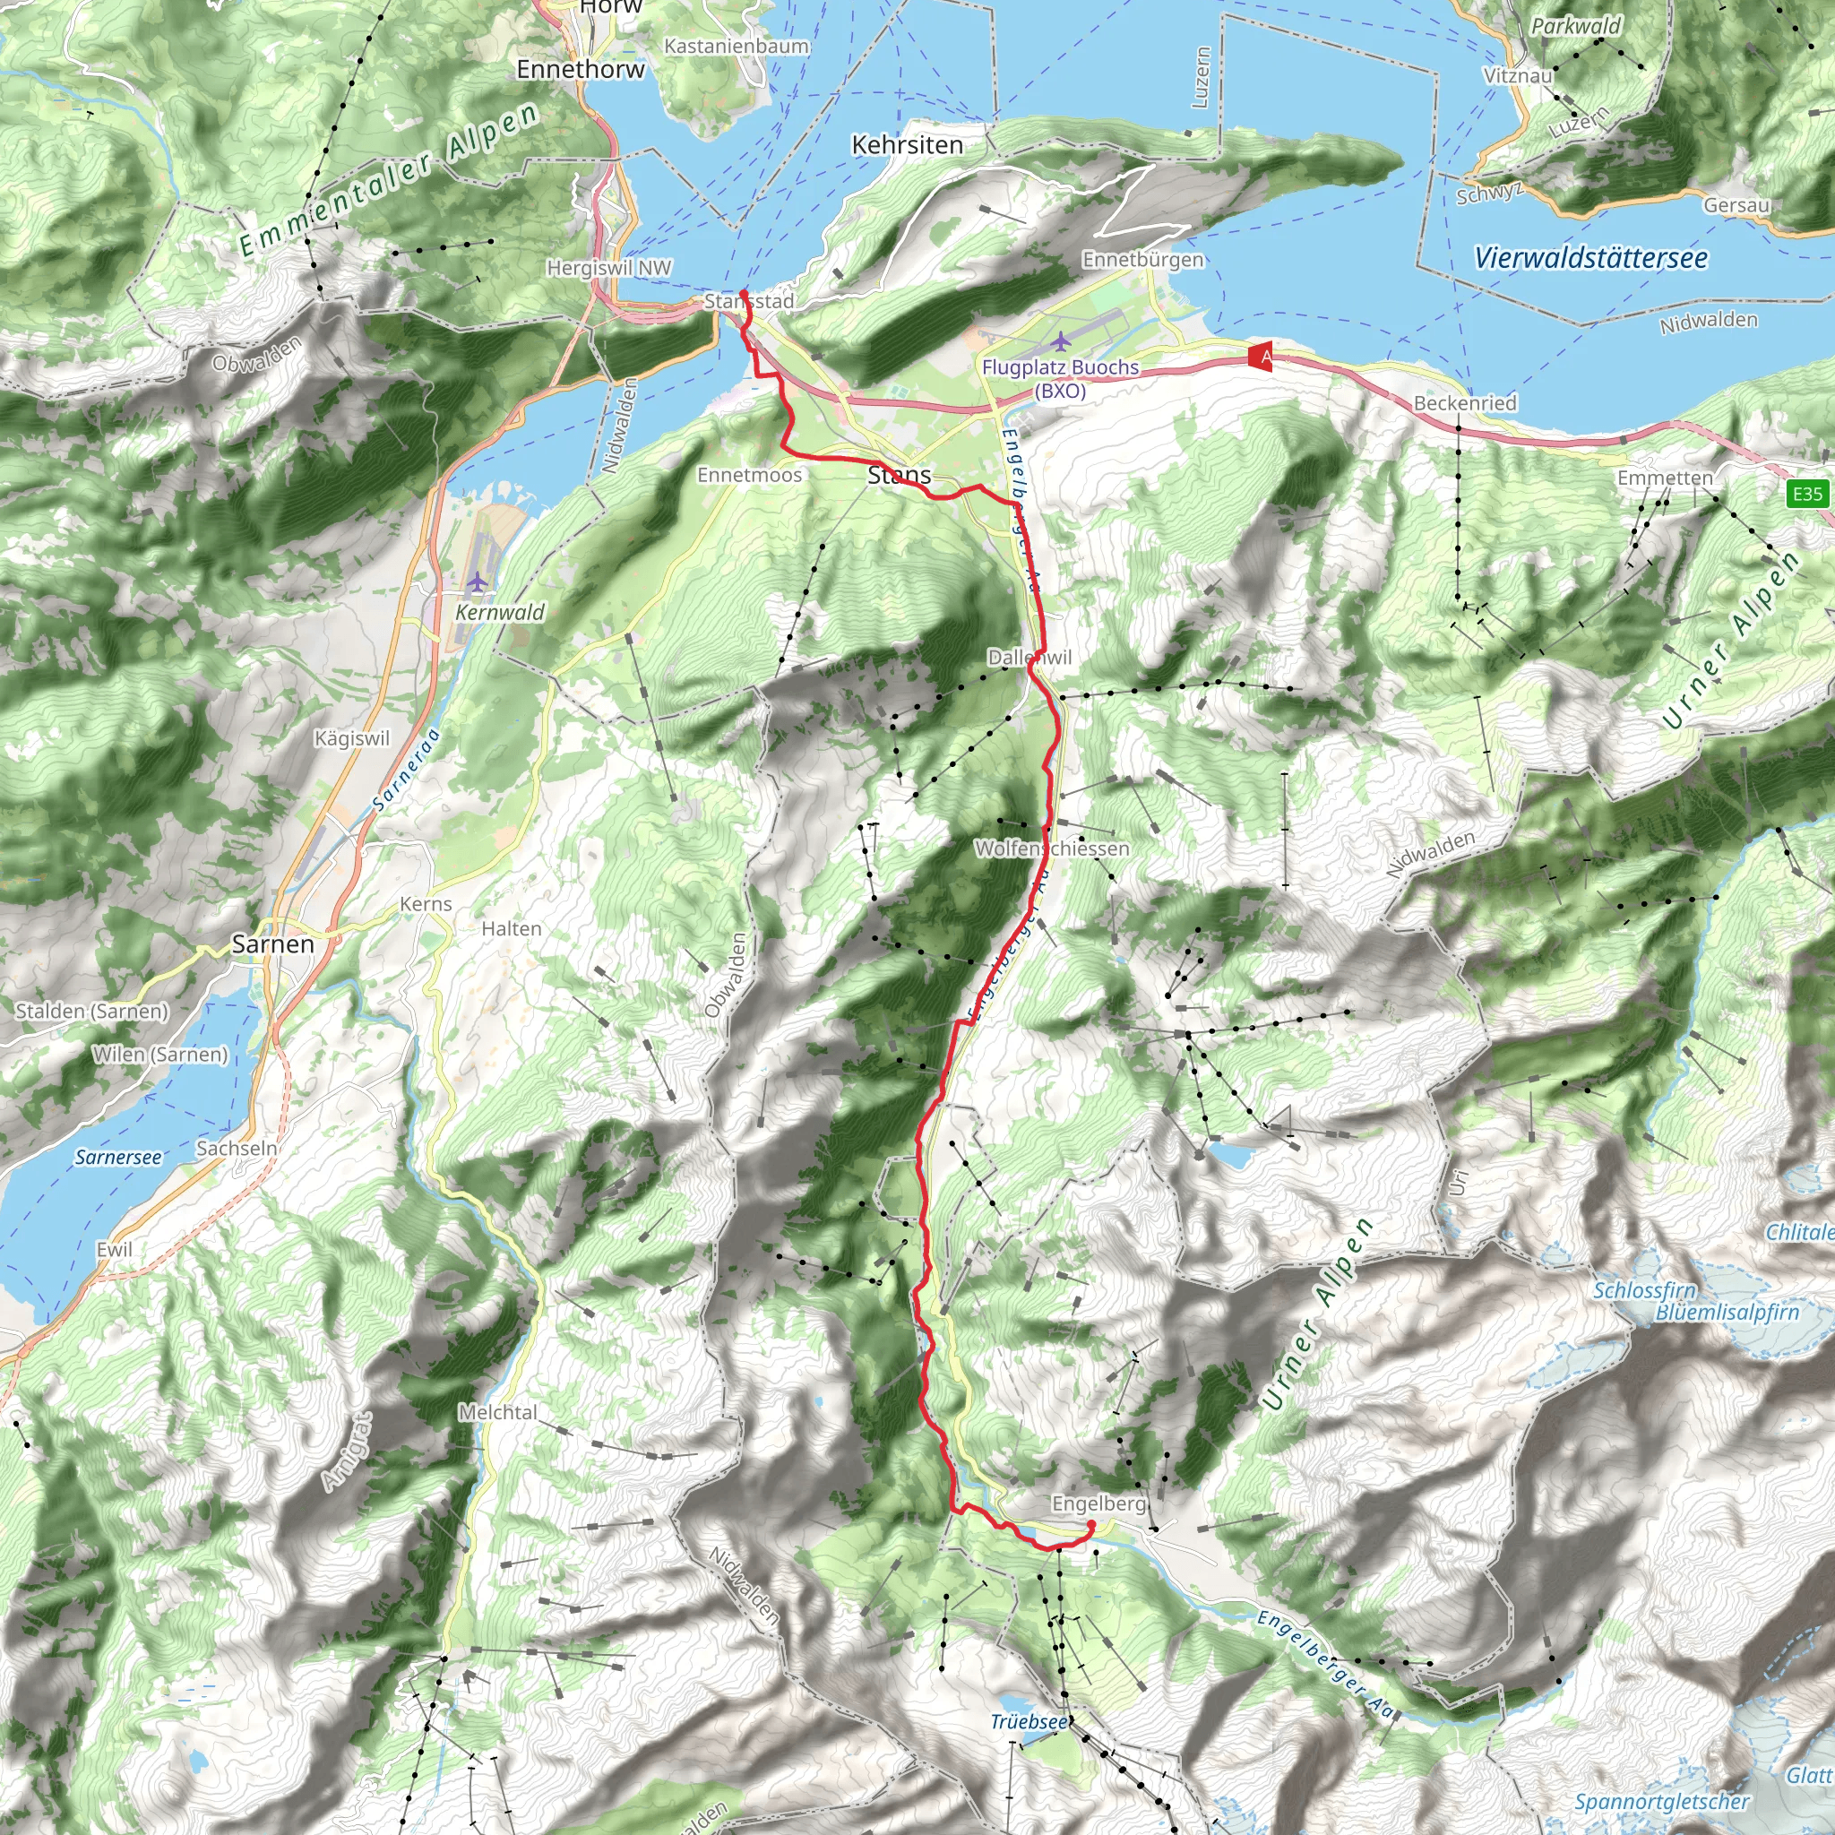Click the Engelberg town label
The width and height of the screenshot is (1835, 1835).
point(1098,1503)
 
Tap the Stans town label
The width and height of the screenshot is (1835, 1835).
point(900,475)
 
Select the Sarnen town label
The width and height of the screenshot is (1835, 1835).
point(272,944)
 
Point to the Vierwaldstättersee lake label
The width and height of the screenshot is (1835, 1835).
point(1591,257)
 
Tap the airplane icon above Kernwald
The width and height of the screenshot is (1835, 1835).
point(477,582)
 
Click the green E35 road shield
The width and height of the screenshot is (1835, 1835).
point(1806,494)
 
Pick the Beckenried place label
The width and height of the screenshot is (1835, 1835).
point(1465,402)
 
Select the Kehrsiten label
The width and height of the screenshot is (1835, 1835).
point(907,145)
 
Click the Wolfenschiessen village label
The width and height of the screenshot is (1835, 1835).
point(1053,849)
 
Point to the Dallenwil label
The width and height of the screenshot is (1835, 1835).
point(1029,658)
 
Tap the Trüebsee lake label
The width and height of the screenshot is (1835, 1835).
point(1029,1722)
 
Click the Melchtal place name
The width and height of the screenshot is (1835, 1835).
point(497,1412)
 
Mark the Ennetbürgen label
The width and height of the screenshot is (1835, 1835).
point(1142,259)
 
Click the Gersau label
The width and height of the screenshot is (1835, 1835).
point(1736,205)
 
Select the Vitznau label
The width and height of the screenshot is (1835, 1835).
point(1518,75)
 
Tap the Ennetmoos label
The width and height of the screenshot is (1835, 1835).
point(749,475)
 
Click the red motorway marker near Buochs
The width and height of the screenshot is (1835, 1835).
point(1261,357)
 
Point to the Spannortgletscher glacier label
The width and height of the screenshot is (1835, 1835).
point(1661,1801)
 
